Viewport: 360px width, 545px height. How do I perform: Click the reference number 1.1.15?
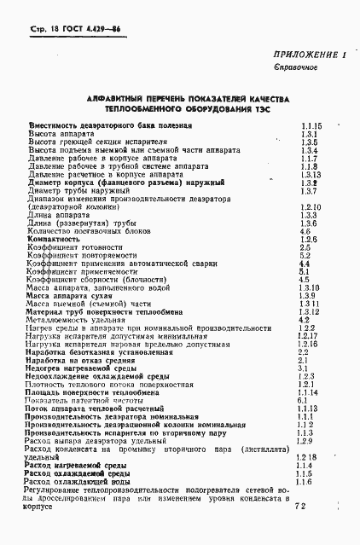click(311, 125)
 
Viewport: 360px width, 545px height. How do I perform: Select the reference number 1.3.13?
click(310, 174)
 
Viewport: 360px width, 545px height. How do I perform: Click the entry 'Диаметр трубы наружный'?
click(70, 191)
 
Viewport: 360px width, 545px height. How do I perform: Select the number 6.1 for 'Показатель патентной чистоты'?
click(304, 400)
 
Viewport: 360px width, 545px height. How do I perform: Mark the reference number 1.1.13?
click(309, 409)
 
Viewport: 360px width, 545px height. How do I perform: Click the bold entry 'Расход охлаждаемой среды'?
click(78, 473)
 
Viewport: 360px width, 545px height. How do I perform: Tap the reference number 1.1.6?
click(305, 482)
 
